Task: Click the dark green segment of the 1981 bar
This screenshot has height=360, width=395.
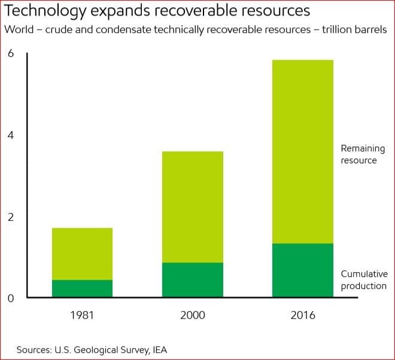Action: tap(82, 288)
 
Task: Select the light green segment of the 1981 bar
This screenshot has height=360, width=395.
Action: tap(82, 254)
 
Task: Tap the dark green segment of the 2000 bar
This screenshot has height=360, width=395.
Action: tap(193, 280)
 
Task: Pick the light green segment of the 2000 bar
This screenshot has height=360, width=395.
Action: tap(193, 207)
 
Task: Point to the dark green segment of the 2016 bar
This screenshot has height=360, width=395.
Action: tap(302, 270)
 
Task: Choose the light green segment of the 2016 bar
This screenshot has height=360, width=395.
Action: tap(302, 151)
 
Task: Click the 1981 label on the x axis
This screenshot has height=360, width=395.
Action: tap(82, 315)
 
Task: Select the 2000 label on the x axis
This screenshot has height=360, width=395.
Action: tap(193, 315)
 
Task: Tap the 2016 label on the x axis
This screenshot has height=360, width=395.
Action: tap(302, 315)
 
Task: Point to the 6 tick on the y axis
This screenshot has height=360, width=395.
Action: tap(10, 53)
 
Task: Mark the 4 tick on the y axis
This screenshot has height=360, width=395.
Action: tap(10, 135)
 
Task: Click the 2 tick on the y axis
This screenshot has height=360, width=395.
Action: tap(10, 217)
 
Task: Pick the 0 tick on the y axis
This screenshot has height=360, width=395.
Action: tap(10, 298)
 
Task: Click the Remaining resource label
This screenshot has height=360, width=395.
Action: tap(363, 154)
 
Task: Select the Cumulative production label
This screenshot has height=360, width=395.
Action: tap(364, 279)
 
